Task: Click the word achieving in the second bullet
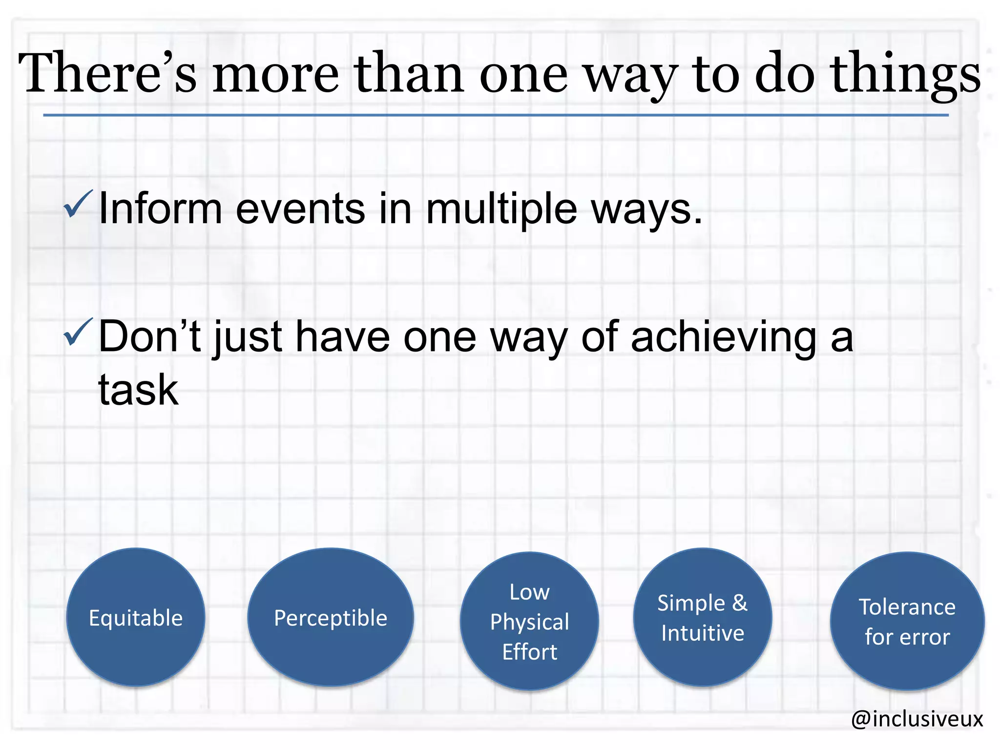click(x=723, y=337)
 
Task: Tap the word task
click(x=138, y=390)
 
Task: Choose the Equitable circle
click(x=136, y=618)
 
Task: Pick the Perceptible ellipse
click(x=331, y=618)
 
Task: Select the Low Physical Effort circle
click(x=529, y=622)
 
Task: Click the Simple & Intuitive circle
click(x=702, y=618)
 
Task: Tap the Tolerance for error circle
click(x=907, y=622)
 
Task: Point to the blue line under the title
click(x=495, y=115)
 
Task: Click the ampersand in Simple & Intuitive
click(x=740, y=603)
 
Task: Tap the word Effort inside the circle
click(x=529, y=652)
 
